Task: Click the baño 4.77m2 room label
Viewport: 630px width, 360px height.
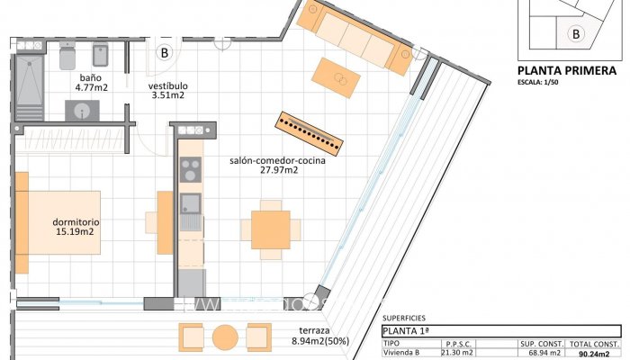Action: pyautogui.click(x=91, y=83)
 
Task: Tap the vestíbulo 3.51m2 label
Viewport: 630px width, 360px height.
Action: pyautogui.click(x=167, y=89)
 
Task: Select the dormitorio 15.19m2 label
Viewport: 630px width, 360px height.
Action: pyautogui.click(x=75, y=225)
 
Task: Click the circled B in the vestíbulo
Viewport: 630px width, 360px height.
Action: pyautogui.click(x=164, y=52)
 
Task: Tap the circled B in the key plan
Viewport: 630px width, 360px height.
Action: pyautogui.click(x=577, y=33)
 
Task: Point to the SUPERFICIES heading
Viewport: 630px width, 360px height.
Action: pyautogui.click(x=404, y=318)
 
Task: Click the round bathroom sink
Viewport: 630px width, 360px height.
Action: pyautogui.click(x=83, y=110)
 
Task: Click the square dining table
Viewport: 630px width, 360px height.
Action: pyautogui.click(x=270, y=229)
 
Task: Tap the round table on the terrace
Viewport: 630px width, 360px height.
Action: pyautogui.click(x=224, y=337)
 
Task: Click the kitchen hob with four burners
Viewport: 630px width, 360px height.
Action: pyautogui.click(x=191, y=169)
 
